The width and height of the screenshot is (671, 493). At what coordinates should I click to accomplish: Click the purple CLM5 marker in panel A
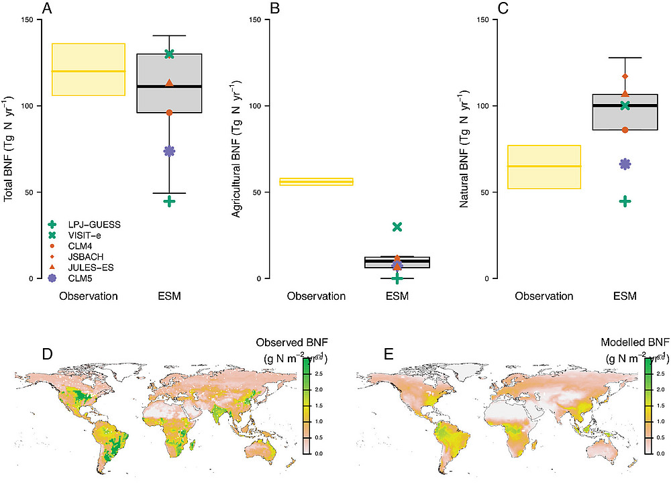[169, 151]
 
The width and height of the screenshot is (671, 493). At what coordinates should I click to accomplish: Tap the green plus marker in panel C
[625, 201]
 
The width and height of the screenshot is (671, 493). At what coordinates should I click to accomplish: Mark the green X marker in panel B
[397, 227]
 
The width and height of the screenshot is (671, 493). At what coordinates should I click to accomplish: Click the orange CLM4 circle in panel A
[169, 113]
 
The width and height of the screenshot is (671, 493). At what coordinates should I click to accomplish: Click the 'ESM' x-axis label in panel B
[397, 296]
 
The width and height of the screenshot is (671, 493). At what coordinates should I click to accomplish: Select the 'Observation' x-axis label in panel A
[89, 296]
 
